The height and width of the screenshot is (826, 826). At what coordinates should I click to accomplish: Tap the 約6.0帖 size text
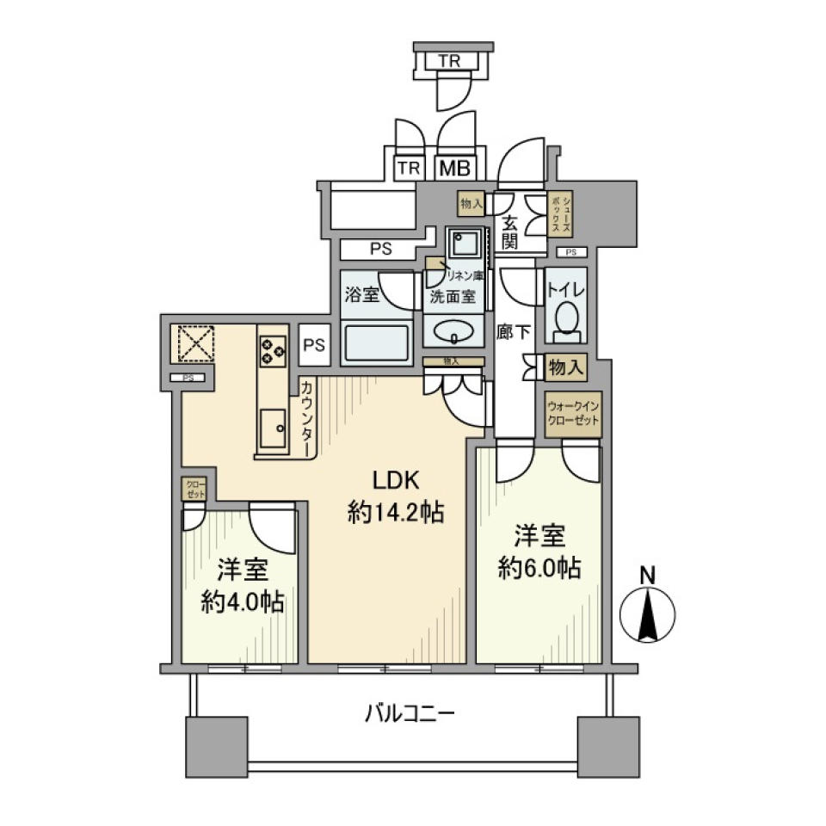(x=539, y=568)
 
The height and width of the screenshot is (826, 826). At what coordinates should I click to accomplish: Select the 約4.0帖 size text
(x=244, y=601)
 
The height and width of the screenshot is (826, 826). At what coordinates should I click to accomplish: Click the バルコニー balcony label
(x=409, y=713)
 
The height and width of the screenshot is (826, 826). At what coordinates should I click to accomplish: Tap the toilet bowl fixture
(x=566, y=317)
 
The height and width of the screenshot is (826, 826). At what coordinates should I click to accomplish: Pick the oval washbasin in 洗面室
(x=453, y=330)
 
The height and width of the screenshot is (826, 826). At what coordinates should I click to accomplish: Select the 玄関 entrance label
(x=511, y=230)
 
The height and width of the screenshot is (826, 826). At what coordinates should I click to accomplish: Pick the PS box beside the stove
(x=315, y=344)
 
